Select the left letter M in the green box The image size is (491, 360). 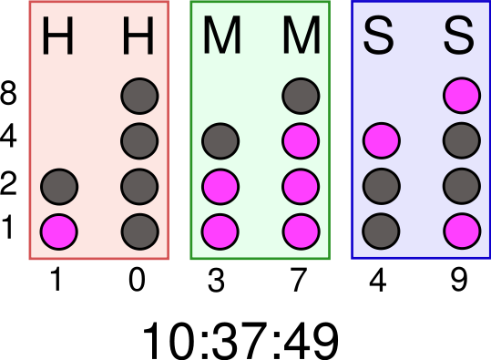tap(220, 38)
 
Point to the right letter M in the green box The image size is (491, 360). tap(301, 38)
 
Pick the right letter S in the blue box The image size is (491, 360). tap(461, 38)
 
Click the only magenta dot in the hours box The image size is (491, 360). tap(59, 231)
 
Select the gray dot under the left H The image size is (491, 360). tap(59, 187)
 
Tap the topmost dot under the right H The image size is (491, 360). tap(139, 96)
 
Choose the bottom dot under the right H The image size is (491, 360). tap(139, 231)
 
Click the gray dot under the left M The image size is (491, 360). tap(220, 141)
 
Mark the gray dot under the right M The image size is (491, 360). tap(301, 96)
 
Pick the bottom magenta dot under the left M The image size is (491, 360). tap(220, 231)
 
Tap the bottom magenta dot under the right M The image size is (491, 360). tap(301, 231)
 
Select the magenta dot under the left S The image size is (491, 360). tap(381, 141)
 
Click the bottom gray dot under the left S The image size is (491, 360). tap(381, 231)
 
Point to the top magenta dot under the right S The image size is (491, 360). tap(461, 96)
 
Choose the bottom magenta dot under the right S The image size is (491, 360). tap(461, 231)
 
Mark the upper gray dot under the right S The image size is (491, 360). tap(461, 141)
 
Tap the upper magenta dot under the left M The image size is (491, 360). tap(220, 187)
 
